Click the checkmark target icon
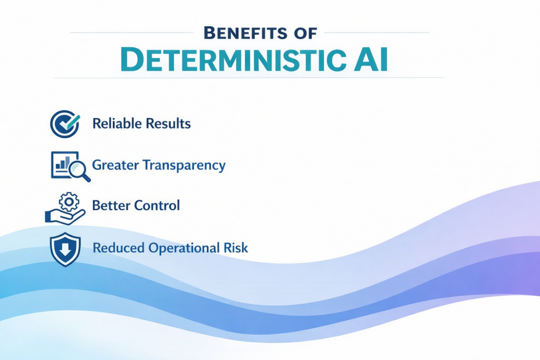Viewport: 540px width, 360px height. pos(64,123)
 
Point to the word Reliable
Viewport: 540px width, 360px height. pos(114,124)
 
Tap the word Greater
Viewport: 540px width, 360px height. pos(113,165)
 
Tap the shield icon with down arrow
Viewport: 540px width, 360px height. pos(64,249)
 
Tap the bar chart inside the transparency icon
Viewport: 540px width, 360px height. pos(61,164)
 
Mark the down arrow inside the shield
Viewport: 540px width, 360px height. pos(64,249)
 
